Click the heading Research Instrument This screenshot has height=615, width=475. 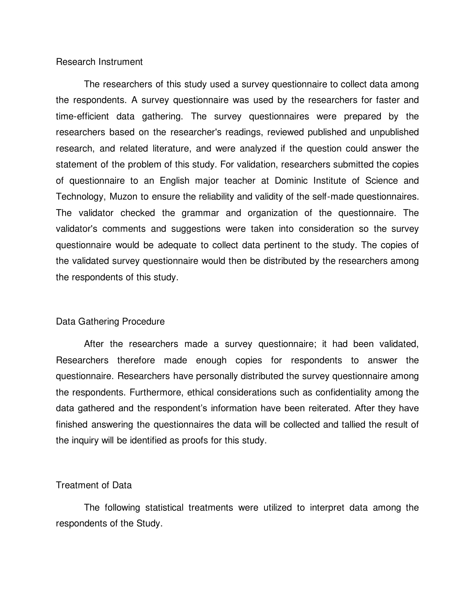tap(99, 62)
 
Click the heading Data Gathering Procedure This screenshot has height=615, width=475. tap(110, 321)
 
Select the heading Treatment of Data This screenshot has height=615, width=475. tap(94, 485)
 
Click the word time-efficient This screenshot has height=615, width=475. tap(82, 116)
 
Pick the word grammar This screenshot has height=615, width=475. tap(200, 213)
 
